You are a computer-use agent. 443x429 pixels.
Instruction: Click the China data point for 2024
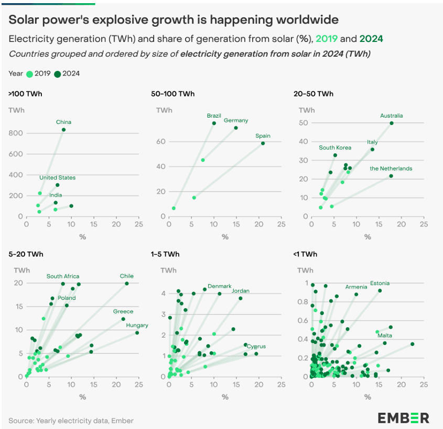[x=63, y=130]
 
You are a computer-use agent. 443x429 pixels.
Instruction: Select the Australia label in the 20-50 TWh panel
[x=392, y=116]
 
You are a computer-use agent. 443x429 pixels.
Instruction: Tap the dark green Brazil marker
[x=214, y=123]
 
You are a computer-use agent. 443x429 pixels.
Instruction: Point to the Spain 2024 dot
[x=263, y=143]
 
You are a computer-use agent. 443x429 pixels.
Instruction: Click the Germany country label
[x=236, y=120]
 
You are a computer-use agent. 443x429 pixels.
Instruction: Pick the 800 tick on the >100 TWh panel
[x=16, y=133]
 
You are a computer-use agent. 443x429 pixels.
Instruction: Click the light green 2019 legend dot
[x=29, y=74]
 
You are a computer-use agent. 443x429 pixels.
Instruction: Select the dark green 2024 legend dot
[x=58, y=74]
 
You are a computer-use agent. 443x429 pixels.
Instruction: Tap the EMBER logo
[x=403, y=418]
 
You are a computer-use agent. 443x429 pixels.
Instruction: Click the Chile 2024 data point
[x=126, y=284]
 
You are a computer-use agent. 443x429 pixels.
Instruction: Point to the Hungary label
[x=137, y=325]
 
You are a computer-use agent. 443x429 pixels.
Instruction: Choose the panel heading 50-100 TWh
[x=172, y=94]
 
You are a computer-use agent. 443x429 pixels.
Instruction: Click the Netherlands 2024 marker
[x=391, y=176]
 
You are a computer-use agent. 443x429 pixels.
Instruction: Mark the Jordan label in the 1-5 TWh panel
[x=241, y=290]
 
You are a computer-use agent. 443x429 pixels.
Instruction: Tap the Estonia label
[x=380, y=284]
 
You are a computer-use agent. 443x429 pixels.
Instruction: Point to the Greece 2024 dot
[x=123, y=319]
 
